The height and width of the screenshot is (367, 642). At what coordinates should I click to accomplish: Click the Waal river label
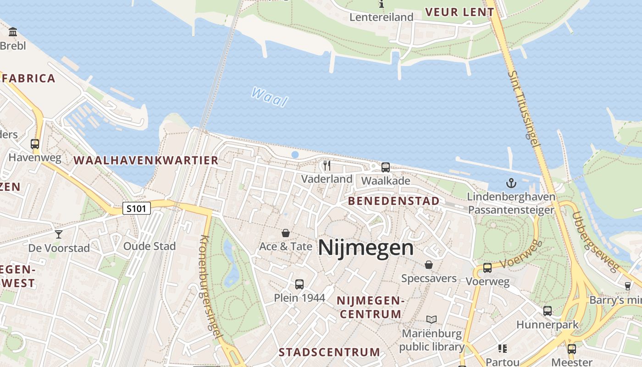pos(270,97)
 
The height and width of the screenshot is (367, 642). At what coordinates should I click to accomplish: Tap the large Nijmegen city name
pos(365,248)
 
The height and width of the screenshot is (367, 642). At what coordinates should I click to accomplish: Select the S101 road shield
pos(137,209)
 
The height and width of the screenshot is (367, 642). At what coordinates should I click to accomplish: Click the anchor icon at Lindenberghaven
pos(511,183)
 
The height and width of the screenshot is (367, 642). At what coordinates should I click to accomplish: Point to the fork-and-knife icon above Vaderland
pos(327,166)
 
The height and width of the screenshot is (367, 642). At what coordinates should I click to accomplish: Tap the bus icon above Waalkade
pos(386,167)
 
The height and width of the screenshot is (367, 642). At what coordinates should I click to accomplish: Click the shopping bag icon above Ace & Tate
pos(286,234)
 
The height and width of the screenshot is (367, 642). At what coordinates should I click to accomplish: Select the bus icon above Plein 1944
pos(299,284)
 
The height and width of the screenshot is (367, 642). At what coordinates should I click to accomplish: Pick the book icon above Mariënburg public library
pos(431,319)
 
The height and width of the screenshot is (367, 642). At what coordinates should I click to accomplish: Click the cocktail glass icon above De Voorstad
pos(59,234)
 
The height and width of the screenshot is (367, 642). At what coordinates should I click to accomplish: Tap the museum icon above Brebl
pos(13,32)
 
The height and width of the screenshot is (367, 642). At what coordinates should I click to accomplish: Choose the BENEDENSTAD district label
pos(393,201)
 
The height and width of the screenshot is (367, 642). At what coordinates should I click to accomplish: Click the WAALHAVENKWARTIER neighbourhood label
pos(146,161)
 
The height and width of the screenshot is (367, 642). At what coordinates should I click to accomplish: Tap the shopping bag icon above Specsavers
pos(428,265)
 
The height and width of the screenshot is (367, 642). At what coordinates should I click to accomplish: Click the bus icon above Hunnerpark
pos(547,311)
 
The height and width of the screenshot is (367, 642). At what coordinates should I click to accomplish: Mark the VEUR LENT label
pos(459,12)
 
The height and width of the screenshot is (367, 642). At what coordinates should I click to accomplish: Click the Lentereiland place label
pos(382,17)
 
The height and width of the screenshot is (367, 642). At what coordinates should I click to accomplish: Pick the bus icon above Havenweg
pos(35,144)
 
